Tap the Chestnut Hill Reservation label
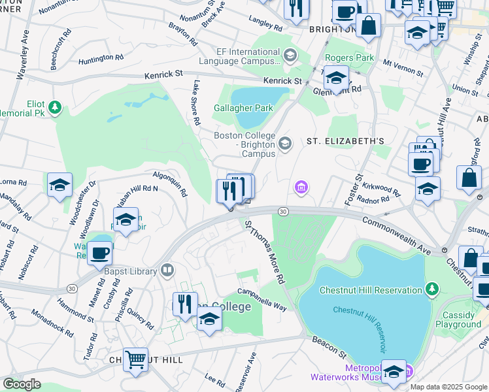[370, 290]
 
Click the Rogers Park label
[350, 57]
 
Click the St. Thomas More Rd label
[265, 252]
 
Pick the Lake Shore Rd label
[195, 103]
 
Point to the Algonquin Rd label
[170, 184]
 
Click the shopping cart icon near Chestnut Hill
[135, 359]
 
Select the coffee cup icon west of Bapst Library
[99, 252]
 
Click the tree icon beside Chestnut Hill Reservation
[431, 289]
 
